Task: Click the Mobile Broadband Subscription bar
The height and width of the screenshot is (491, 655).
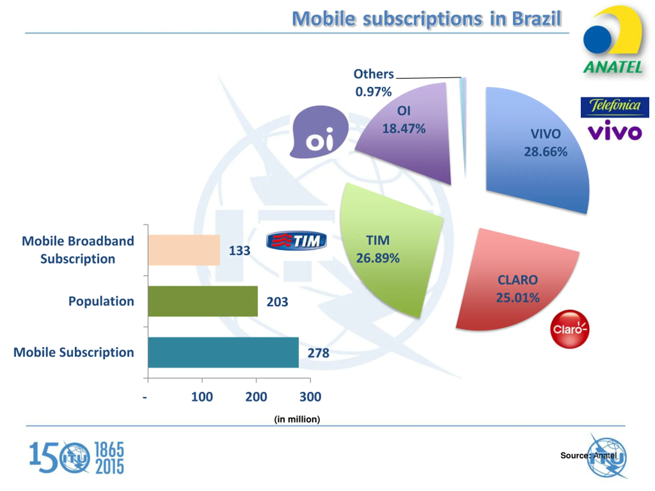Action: tap(184, 250)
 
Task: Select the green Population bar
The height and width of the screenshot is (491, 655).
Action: tap(203, 301)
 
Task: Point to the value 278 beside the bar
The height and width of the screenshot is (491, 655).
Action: tap(318, 353)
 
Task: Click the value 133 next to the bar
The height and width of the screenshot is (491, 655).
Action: tap(239, 251)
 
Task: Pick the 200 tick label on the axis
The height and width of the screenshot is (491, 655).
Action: tap(256, 397)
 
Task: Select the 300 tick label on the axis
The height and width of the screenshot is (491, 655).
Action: tap(310, 397)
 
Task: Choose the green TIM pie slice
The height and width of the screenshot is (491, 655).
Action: tap(388, 252)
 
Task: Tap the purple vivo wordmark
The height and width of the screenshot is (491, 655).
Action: tap(615, 131)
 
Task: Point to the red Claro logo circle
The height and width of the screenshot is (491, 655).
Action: tap(570, 329)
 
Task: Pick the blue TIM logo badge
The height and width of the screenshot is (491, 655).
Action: tap(296, 241)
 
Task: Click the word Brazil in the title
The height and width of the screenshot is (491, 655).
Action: tap(537, 19)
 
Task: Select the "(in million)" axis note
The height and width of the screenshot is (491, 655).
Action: tap(297, 419)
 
